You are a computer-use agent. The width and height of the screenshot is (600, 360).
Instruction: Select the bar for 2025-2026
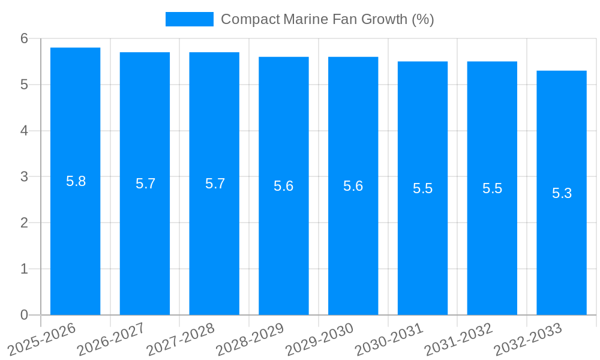(75, 240)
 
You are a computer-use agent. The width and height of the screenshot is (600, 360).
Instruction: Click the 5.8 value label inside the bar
(76, 181)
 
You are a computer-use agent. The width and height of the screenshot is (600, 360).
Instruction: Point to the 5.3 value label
(562, 193)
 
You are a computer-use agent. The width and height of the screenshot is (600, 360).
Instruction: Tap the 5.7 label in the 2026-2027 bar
(145, 184)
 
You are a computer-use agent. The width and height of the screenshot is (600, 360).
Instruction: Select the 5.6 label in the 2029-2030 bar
(353, 186)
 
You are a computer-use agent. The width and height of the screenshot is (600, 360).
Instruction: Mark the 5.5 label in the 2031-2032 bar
(492, 188)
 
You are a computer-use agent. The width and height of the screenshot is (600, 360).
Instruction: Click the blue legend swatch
(189, 19)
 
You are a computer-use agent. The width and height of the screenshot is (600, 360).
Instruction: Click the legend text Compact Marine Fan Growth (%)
(327, 19)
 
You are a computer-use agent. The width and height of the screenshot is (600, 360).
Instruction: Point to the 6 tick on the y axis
(24, 38)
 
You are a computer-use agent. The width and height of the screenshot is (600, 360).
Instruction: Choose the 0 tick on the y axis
(24, 315)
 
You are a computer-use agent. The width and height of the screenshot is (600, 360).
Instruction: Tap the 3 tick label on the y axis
(24, 177)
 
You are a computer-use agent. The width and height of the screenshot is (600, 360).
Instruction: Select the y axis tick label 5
(24, 85)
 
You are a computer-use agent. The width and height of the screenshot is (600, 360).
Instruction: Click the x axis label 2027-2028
(181, 339)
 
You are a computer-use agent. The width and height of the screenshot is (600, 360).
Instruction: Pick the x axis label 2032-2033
(528, 339)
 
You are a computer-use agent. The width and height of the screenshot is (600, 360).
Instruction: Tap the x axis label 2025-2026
(42, 339)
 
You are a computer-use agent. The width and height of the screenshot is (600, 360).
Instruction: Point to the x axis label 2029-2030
(320, 339)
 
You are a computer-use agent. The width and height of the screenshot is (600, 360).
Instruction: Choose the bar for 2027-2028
(214, 240)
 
